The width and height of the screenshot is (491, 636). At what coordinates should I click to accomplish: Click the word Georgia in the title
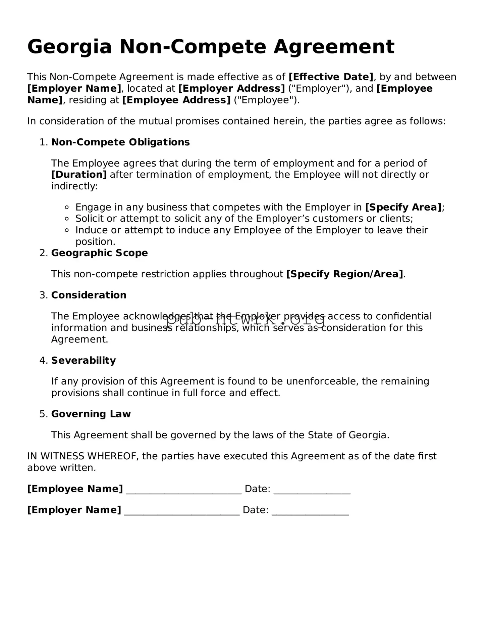click(x=69, y=47)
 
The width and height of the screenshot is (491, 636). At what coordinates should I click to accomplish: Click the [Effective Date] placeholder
click(x=331, y=77)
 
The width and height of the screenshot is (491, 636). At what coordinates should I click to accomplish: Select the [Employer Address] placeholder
click(x=231, y=88)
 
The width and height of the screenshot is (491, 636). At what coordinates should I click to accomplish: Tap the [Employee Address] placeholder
click(x=176, y=100)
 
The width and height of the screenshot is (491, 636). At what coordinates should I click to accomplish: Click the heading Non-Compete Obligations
click(x=120, y=142)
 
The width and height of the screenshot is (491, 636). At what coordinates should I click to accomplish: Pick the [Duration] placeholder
click(x=79, y=175)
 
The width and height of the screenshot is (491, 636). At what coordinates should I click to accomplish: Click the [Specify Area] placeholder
click(x=403, y=207)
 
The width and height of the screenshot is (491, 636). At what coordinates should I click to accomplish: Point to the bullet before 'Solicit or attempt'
click(x=67, y=219)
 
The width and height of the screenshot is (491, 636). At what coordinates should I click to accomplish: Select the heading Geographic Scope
click(x=99, y=253)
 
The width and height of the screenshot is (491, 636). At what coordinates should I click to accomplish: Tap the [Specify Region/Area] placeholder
click(x=344, y=274)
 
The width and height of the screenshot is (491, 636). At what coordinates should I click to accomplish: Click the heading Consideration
click(x=89, y=295)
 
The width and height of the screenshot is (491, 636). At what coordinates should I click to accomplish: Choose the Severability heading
click(x=84, y=360)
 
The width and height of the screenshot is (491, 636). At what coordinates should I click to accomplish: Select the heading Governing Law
click(x=91, y=414)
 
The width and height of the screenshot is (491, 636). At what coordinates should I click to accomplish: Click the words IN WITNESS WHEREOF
click(x=83, y=456)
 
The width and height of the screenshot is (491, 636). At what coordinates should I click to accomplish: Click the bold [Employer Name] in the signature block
click(x=74, y=510)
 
